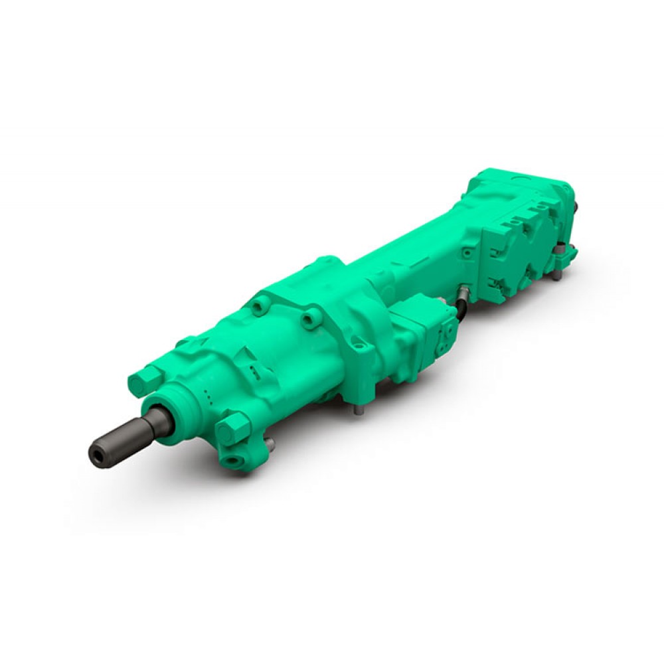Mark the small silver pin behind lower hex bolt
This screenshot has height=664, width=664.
click(x=268, y=442)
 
